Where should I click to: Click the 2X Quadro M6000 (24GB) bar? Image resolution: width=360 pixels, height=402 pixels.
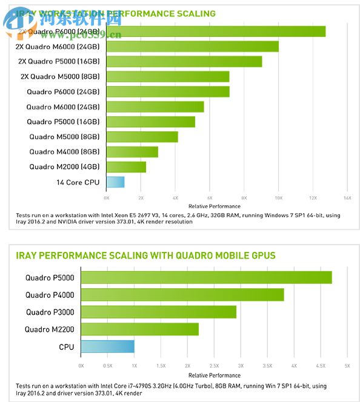coord(192,46)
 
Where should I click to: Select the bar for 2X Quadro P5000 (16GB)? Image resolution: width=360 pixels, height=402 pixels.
coord(184,61)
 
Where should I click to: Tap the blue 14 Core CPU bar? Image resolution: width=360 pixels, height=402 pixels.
coord(115,182)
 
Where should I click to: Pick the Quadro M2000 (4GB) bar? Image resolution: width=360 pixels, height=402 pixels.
coord(126,166)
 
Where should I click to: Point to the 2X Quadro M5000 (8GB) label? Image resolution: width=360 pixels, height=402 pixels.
coord(61,76)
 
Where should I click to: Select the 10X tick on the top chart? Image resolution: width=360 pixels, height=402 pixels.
coord(278,198)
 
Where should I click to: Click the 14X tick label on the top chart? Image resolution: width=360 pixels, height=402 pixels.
coord(347,198)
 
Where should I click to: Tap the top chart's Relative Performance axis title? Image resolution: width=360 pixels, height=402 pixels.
coord(209,206)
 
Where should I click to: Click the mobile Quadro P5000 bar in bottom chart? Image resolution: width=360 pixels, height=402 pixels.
coord(207,277)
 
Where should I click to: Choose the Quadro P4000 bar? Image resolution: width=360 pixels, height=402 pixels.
coord(182,295)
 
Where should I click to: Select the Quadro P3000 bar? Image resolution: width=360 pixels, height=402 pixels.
coord(159,312)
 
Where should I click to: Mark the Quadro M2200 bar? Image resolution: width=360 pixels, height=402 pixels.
coord(140,329)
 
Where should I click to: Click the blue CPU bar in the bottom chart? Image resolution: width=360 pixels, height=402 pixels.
coord(108,347)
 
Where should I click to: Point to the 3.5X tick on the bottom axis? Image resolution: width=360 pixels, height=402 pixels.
coord(267,366)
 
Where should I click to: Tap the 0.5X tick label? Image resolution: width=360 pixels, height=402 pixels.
coord(108,366)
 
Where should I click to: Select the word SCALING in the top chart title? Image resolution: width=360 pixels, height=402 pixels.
coord(195,13)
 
